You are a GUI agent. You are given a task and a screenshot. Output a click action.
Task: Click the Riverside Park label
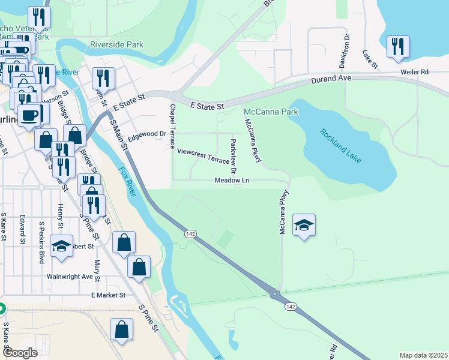116,44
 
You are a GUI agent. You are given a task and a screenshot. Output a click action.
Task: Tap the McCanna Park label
270,112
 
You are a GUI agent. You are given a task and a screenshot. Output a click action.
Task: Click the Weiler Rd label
415,72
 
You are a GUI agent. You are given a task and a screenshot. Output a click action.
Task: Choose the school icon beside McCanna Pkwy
304,225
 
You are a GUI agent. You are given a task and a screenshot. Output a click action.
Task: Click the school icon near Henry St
61,246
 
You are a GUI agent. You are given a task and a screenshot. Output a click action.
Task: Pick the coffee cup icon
29,115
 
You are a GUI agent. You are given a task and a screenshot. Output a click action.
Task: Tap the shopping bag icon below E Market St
121,329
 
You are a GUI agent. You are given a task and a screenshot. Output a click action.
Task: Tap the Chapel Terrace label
172,126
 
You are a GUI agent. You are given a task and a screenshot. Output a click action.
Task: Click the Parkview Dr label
234,152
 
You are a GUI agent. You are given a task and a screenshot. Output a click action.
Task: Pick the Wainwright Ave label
71,277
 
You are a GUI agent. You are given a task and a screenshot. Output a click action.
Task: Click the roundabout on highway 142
275,294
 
